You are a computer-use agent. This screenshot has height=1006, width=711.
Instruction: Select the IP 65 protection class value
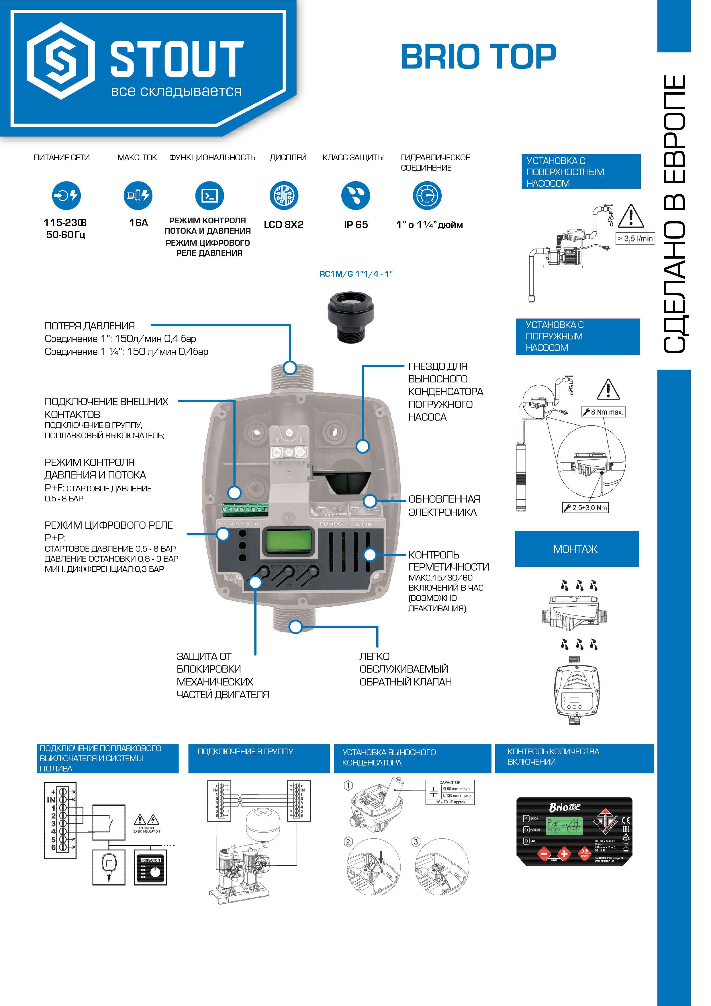pos(356,225)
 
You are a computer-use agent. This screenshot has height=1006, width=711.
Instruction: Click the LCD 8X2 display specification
pos(283,225)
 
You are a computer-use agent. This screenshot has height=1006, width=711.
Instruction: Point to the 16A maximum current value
pos(138,222)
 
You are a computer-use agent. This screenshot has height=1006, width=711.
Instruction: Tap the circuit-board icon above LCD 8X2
pos(284,196)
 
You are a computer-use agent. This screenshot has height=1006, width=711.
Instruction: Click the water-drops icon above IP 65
pos(355,196)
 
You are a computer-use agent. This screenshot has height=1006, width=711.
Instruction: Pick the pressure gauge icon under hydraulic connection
pos(427,196)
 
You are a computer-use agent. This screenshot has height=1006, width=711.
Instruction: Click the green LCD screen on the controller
pos(287,542)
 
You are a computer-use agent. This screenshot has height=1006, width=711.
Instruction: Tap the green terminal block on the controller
pos(245,509)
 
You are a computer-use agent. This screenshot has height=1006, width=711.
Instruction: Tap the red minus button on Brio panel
pos(544,853)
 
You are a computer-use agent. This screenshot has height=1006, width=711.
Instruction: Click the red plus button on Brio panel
pos(564,853)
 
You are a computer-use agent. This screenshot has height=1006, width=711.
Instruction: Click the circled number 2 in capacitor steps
pos(348,842)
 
